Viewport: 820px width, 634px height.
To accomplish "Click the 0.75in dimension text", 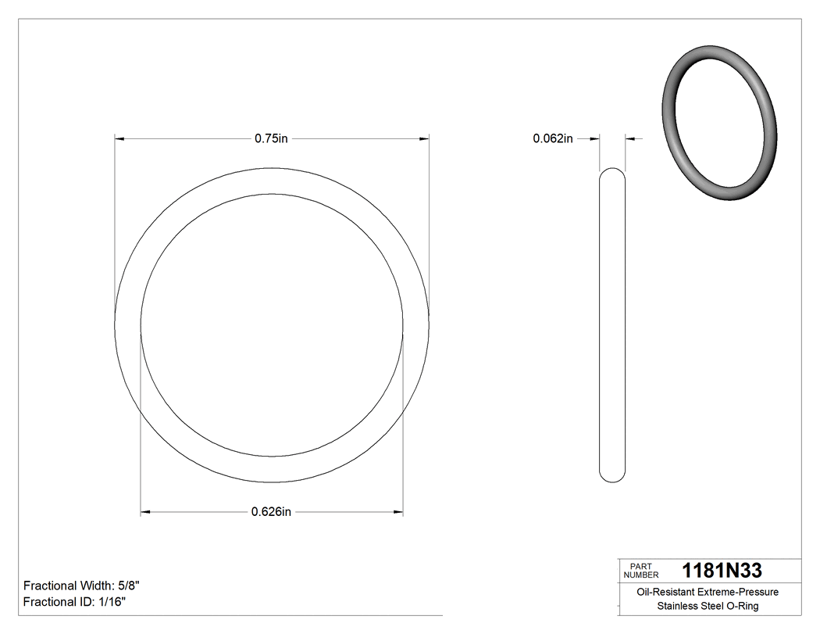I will [271, 138].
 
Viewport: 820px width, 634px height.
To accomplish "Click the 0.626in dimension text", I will [271, 512].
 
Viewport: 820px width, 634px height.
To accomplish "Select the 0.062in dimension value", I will [553, 138].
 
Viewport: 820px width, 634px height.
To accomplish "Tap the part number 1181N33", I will [722, 571].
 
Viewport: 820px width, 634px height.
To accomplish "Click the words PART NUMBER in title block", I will [640, 571].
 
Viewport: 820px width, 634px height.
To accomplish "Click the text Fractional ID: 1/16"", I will [74, 602].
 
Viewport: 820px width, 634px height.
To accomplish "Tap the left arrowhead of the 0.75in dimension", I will [119, 138].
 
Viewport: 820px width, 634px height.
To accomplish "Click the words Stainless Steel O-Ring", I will [707, 607].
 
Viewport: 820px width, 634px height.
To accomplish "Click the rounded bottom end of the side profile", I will [612, 478].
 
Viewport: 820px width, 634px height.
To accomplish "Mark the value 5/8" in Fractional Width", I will [128, 586].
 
